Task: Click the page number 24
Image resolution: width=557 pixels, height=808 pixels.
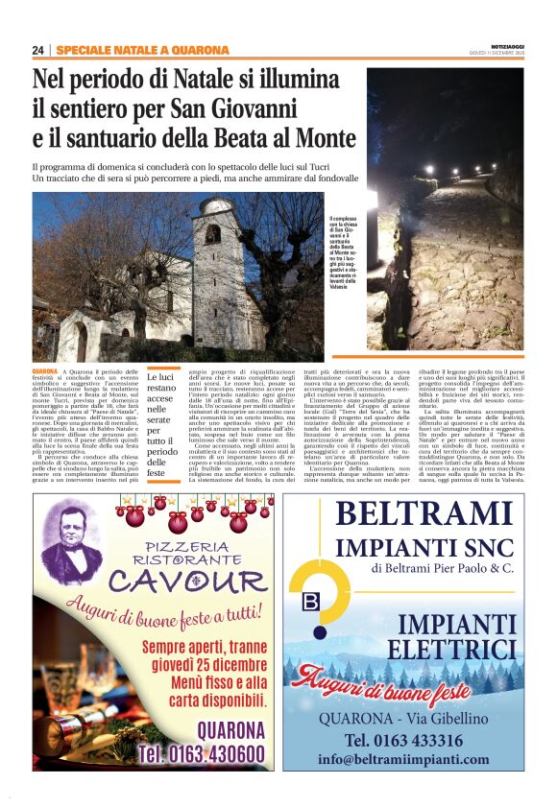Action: [38, 50]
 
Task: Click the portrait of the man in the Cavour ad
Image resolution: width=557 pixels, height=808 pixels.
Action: [71, 539]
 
